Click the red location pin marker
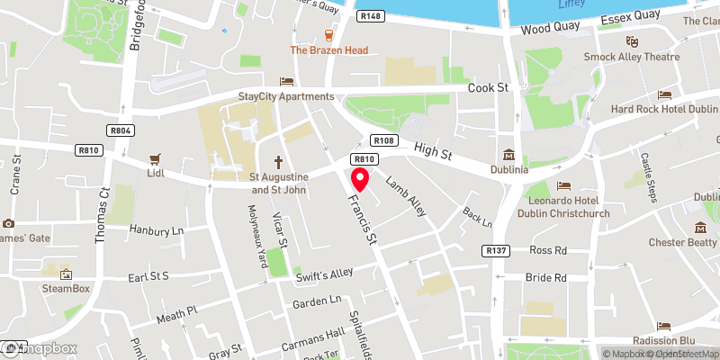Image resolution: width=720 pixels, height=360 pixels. click(x=360, y=179)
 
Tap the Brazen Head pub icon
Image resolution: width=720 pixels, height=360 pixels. click(x=328, y=35)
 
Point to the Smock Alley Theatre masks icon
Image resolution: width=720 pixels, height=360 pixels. click(x=632, y=41)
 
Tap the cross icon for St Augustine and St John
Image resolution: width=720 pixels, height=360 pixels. click(x=279, y=162)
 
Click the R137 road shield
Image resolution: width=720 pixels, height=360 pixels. click(x=496, y=250)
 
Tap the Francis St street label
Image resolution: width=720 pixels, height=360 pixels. click(x=364, y=220)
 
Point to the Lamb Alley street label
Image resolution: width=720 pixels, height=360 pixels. click(x=406, y=194)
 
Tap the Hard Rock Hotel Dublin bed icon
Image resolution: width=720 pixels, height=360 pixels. click(x=665, y=94)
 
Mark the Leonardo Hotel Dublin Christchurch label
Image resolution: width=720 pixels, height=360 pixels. click(x=563, y=206)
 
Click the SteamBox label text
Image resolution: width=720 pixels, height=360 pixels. click(x=67, y=288)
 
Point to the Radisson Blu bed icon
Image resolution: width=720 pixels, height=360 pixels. click(x=665, y=325)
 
